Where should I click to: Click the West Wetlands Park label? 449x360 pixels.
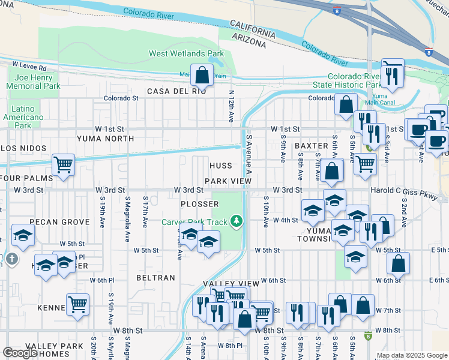click(x=186, y=54)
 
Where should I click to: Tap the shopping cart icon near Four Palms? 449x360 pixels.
click(x=62, y=164)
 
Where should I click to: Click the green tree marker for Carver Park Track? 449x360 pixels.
click(x=237, y=222)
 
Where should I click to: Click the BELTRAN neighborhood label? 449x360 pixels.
click(x=155, y=278)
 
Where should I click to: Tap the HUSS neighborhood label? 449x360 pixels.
click(x=221, y=166)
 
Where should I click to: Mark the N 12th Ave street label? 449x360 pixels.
click(x=231, y=107)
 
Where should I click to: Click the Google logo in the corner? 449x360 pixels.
click(x=20, y=352)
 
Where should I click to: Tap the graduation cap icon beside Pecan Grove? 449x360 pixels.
click(x=23, y=236)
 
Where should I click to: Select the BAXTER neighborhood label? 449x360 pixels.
click(x=311, y=146)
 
